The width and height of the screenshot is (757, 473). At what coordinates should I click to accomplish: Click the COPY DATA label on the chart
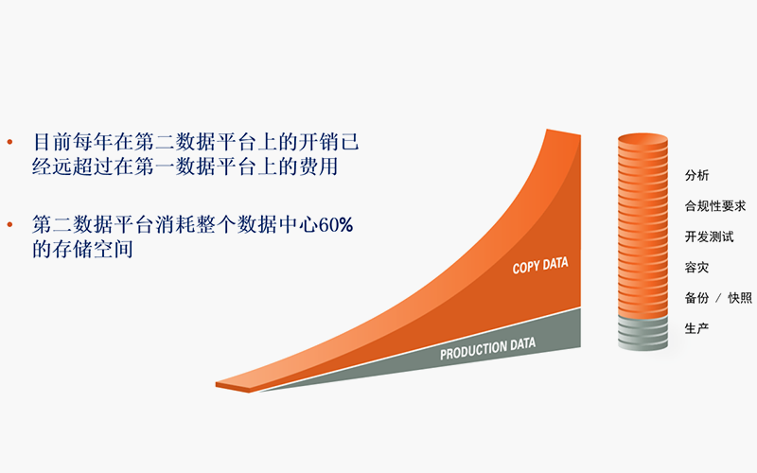coord(540,266)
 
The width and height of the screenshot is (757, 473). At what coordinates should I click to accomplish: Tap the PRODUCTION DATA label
coord(487,348)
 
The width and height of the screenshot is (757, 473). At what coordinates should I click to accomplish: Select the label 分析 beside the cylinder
coord(696,175)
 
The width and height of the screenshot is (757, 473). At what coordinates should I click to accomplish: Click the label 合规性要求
coord(715,206)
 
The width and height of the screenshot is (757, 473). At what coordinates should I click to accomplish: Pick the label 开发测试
coord(709,236)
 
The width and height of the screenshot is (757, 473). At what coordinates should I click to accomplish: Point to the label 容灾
coord(696,268)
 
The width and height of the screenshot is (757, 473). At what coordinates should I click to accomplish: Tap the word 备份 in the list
coord(696,298)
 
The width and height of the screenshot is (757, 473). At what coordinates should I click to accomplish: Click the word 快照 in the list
coord(740,298)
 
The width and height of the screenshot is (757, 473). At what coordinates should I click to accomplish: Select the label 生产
coord(696,328)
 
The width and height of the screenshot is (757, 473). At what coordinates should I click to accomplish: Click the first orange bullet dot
coord(9,142)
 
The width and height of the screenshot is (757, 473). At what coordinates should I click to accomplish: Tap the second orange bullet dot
coord(9,224)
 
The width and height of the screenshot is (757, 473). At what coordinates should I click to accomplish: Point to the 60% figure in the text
coord(336,225)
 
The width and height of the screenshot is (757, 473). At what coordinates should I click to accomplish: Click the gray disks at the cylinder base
coord(643,333)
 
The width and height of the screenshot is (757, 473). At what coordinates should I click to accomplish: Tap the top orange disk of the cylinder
coord(643,140)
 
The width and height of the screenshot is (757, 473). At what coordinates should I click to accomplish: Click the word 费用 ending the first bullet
coord(318,166)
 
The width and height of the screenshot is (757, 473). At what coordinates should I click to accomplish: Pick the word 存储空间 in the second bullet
coord(93,249)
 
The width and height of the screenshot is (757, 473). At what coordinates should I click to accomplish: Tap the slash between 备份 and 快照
coord(718,298)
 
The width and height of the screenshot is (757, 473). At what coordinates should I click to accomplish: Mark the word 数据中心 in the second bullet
coord(277,225)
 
